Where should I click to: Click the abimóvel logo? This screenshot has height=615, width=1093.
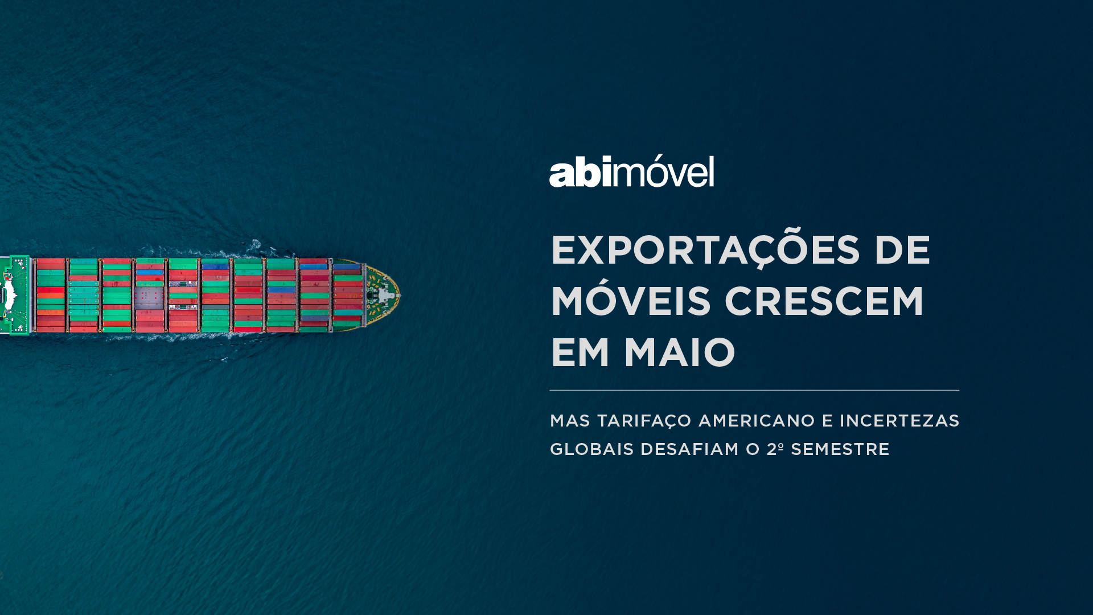[631, 171]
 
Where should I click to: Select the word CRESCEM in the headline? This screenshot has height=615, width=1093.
[824, 301]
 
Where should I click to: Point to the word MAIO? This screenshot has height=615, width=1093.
[680, 352]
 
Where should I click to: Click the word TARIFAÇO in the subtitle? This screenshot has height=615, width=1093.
[644, 421]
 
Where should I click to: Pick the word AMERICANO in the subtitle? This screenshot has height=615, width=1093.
[757, 421]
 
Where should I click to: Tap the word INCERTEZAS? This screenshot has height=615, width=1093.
[899, 421]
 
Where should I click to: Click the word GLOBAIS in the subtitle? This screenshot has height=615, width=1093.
[592, 449]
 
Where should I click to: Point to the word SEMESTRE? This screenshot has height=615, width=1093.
[840, 449]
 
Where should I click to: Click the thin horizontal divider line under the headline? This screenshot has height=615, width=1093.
[754, 390]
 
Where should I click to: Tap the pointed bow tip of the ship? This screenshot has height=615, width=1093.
[400, 295]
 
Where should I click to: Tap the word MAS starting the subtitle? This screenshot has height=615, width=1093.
[570, 421]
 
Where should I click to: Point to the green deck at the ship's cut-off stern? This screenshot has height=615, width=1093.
[15, 295]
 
